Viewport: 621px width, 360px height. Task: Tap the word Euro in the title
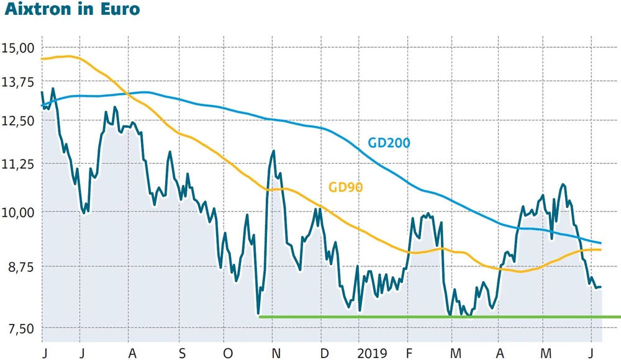pyautogui.click(x=119, y=11)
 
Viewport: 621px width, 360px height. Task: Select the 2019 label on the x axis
pyautogui.click(x=374, y=353)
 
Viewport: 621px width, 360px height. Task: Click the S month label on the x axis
pyautogui.click(x=182, y=353)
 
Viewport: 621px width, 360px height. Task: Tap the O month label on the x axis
pyautogui.click(x=227, y=353)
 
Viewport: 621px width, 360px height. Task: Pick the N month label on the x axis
pyautogui.click(x=275, y=353)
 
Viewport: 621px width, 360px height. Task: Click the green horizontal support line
pyautogui.click(x=435, y=317)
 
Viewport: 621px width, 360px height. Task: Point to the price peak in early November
pyautogui.click(x=273, y=151)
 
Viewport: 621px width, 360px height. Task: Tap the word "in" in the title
pyautogui.click(x=89, y=11)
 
